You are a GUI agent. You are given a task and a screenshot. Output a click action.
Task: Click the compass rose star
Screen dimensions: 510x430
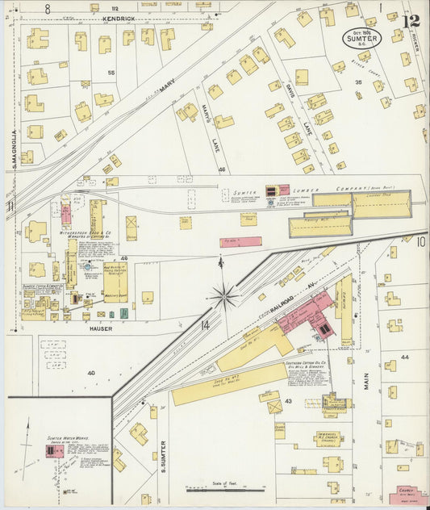point(223,296)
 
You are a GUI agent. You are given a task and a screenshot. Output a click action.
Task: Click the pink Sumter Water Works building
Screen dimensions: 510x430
point(55,451)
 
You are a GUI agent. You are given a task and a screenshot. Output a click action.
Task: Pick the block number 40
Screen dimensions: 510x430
point(90,373)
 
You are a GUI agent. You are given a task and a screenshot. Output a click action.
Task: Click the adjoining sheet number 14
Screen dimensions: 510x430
point(205,325)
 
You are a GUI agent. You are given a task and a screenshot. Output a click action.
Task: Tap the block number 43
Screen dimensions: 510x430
point(287,401)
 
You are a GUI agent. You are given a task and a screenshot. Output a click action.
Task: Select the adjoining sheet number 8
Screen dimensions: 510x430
point(48,8)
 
